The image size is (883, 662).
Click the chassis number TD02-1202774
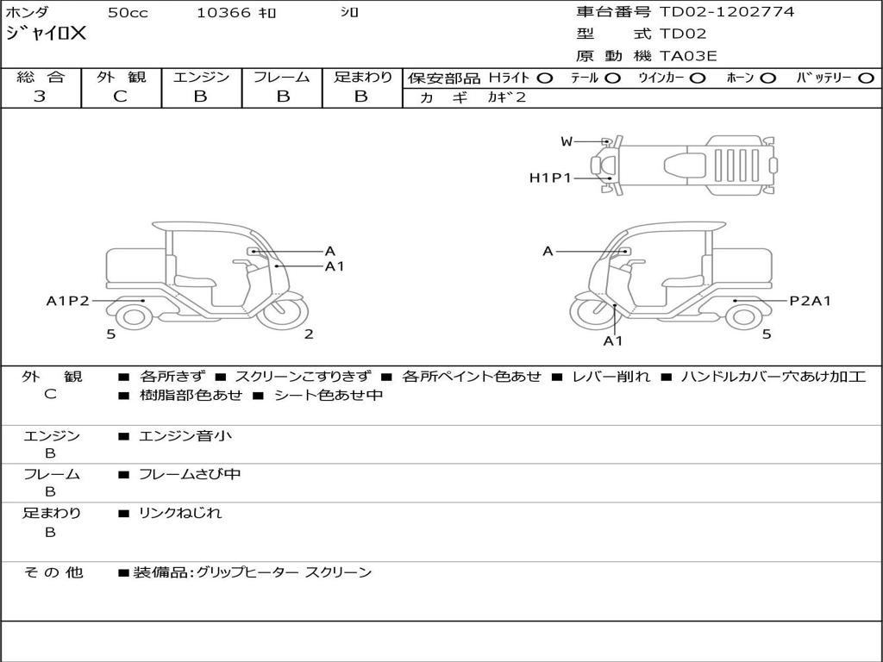(x=727, y=12)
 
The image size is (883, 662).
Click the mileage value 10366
(x=223, y=13)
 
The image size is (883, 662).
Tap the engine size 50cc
(x=127, y=13)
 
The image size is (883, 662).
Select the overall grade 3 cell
(x=40, y=97)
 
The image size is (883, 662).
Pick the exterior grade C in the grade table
(x=121, y=97)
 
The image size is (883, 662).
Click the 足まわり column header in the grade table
(x=362, y=78)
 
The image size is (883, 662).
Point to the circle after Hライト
(x=545, y=78)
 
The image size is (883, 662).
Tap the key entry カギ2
(x=506, y=97)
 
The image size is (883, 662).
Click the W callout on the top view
(x=567, y=141)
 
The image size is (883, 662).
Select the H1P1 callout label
(x=550, y=178)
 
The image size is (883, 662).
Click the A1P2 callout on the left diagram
(x=67, y=301)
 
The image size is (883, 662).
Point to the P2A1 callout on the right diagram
(x=811, y=301)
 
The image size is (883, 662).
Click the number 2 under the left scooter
(x=309, y=334)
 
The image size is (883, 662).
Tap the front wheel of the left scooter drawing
(x=282, y=315)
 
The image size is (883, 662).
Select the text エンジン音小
(x=185, y=436)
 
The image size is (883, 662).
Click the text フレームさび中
(x=190, y=474)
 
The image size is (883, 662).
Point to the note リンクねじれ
(x=180, y=513)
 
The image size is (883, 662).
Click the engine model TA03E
(x=688, y=56)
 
